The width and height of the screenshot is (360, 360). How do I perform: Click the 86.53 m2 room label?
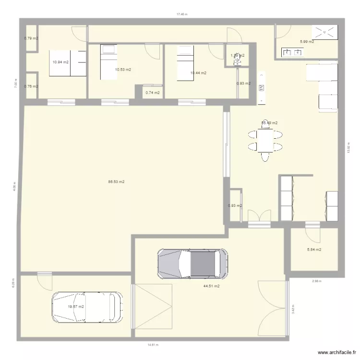click(x=117, y=182)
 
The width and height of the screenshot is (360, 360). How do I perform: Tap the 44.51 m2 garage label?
click(x=211, y=286)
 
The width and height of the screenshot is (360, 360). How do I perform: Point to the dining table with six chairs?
click(x=264, y=140)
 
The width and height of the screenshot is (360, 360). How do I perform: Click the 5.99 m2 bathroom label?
click(x=307, y=42)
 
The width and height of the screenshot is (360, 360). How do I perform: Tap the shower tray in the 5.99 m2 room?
click(x=325, y=32)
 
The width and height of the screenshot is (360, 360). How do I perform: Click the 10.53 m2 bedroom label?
click(x=123, y=70)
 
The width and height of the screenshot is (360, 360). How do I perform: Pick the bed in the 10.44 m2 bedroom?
click(x=184, y=63)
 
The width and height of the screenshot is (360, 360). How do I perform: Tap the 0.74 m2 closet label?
click(x=152, y=93)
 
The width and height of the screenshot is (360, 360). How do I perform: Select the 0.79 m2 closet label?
click(x=31, y=38)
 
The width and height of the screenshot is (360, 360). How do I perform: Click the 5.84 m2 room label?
click(x=314, y=250)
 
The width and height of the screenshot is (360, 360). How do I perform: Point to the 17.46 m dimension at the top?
click(x=181, y=14)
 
